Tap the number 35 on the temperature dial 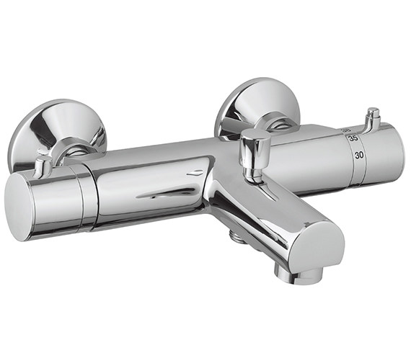tap(353, 138)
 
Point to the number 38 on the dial tap(348, 129)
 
